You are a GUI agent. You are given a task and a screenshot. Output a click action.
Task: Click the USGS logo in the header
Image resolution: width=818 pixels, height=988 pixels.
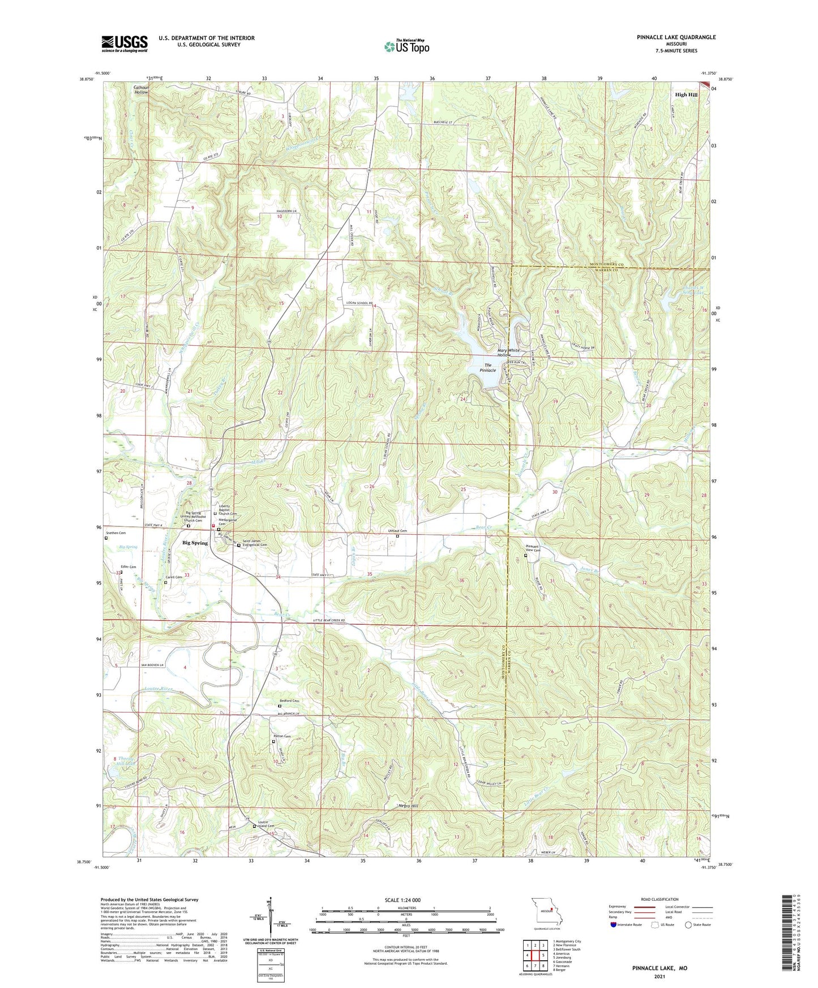pos(125,43)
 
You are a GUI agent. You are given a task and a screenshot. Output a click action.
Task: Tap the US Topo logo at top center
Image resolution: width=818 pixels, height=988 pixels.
pos(406,46)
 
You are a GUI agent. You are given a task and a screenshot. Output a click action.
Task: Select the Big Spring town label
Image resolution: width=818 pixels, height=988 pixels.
pos(195,543)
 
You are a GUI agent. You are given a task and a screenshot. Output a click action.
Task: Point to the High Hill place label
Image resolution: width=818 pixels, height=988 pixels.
pos(686,95)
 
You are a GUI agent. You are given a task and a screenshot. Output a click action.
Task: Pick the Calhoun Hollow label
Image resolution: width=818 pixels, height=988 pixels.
pos(141,89)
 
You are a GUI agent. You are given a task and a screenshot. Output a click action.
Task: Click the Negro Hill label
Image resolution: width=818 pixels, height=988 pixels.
pos(408,806)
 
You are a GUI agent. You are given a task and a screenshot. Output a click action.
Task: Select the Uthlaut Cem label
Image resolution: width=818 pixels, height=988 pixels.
pos(397,531)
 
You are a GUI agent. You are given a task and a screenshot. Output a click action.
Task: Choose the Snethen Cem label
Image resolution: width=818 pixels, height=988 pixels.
pos(116,533)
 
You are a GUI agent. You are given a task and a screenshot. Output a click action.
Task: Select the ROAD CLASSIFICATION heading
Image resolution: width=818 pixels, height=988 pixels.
pos(659,899)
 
